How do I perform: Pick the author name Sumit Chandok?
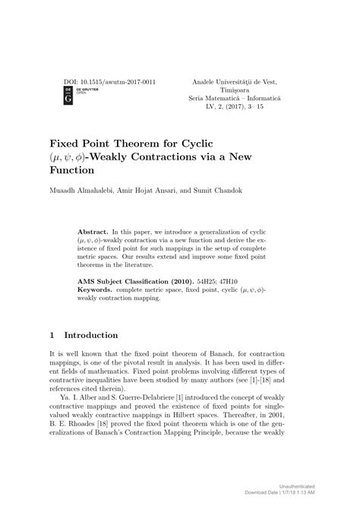point(220,191)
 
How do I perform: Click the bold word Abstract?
point(96,229)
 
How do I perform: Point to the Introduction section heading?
point(91,334)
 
